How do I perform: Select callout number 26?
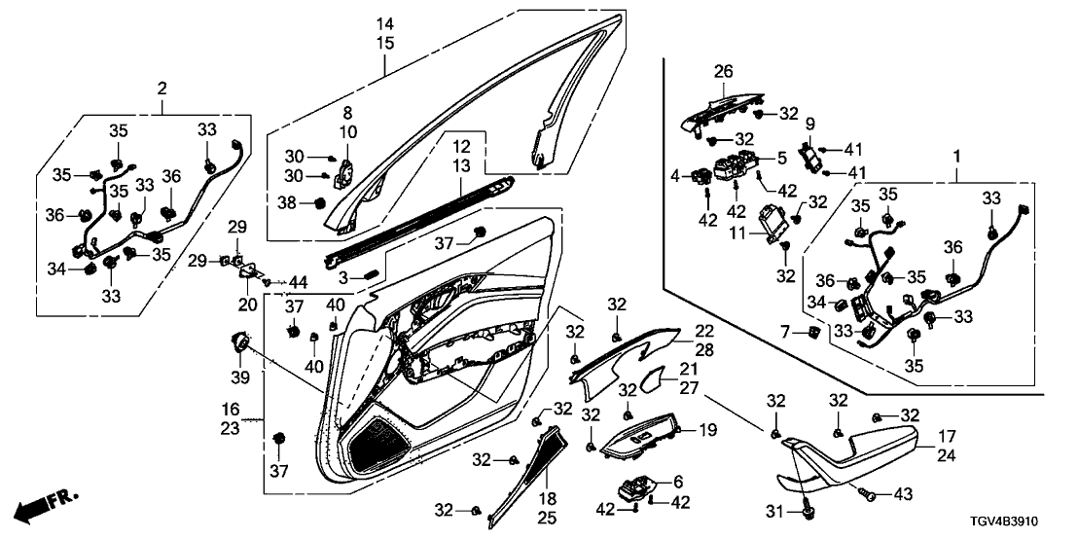(723, 71)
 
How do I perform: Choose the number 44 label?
(298, 282)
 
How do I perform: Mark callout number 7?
(784, 334)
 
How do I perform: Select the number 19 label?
(707, 429)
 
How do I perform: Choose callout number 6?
(678, 481)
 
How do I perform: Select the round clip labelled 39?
(238, 341)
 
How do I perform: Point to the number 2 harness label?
(162, 90)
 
